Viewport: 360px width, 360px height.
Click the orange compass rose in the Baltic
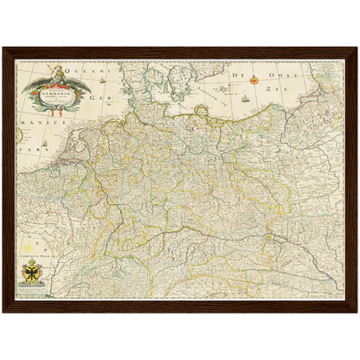point(254,80)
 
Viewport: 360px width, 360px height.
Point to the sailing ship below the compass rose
point(247,97)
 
